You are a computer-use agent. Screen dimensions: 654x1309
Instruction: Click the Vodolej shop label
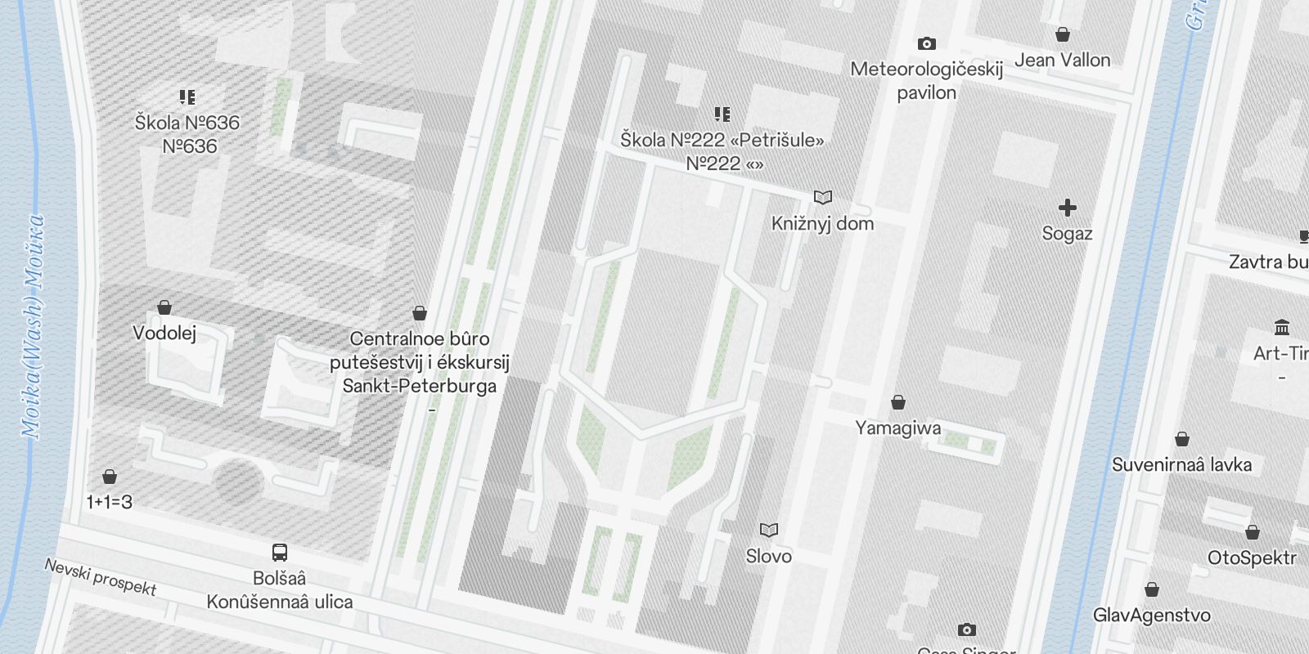click(x=164, y=334)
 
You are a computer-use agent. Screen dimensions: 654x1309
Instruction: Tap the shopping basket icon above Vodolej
click(x=164, y=308)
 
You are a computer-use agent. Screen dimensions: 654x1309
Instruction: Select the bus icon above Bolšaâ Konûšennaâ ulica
click(x=280, y=553)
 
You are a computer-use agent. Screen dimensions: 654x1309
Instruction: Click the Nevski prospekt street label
click(x=100, y=577)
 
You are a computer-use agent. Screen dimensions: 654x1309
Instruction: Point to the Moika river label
click(x=33, y=327)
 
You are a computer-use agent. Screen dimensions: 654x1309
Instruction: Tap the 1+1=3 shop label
click(x=109, y=502)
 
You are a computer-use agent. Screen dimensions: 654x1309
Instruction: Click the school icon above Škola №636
click(x=188, y=98)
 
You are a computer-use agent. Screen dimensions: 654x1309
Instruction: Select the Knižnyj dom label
click(x=822, y=223)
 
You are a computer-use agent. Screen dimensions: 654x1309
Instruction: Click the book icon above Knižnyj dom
click(x=823, y=198)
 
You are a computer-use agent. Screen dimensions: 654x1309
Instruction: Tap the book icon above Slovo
click(x=769, y=531)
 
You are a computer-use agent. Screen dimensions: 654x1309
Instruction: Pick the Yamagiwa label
click(x=897, y=428)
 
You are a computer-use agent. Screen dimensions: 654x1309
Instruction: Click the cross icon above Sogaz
click(x=1067, y=208)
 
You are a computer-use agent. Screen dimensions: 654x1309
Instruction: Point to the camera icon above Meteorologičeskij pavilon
click(x=926, y=43)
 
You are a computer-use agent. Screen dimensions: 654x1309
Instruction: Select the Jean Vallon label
click(x=1062, y=60)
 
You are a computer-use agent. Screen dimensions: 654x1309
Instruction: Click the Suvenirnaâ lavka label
click(x=1181, y=464)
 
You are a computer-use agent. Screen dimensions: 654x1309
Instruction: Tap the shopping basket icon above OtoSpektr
click(x=1252, y=533)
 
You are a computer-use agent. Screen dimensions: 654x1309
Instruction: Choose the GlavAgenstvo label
click(x=1151, y=615)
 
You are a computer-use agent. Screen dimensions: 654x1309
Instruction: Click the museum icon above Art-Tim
click(x=1282, y=328)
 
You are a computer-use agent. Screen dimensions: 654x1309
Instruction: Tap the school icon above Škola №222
click(x=722, y=114)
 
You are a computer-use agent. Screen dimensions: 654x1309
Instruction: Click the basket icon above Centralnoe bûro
click(x=420, y=313)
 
